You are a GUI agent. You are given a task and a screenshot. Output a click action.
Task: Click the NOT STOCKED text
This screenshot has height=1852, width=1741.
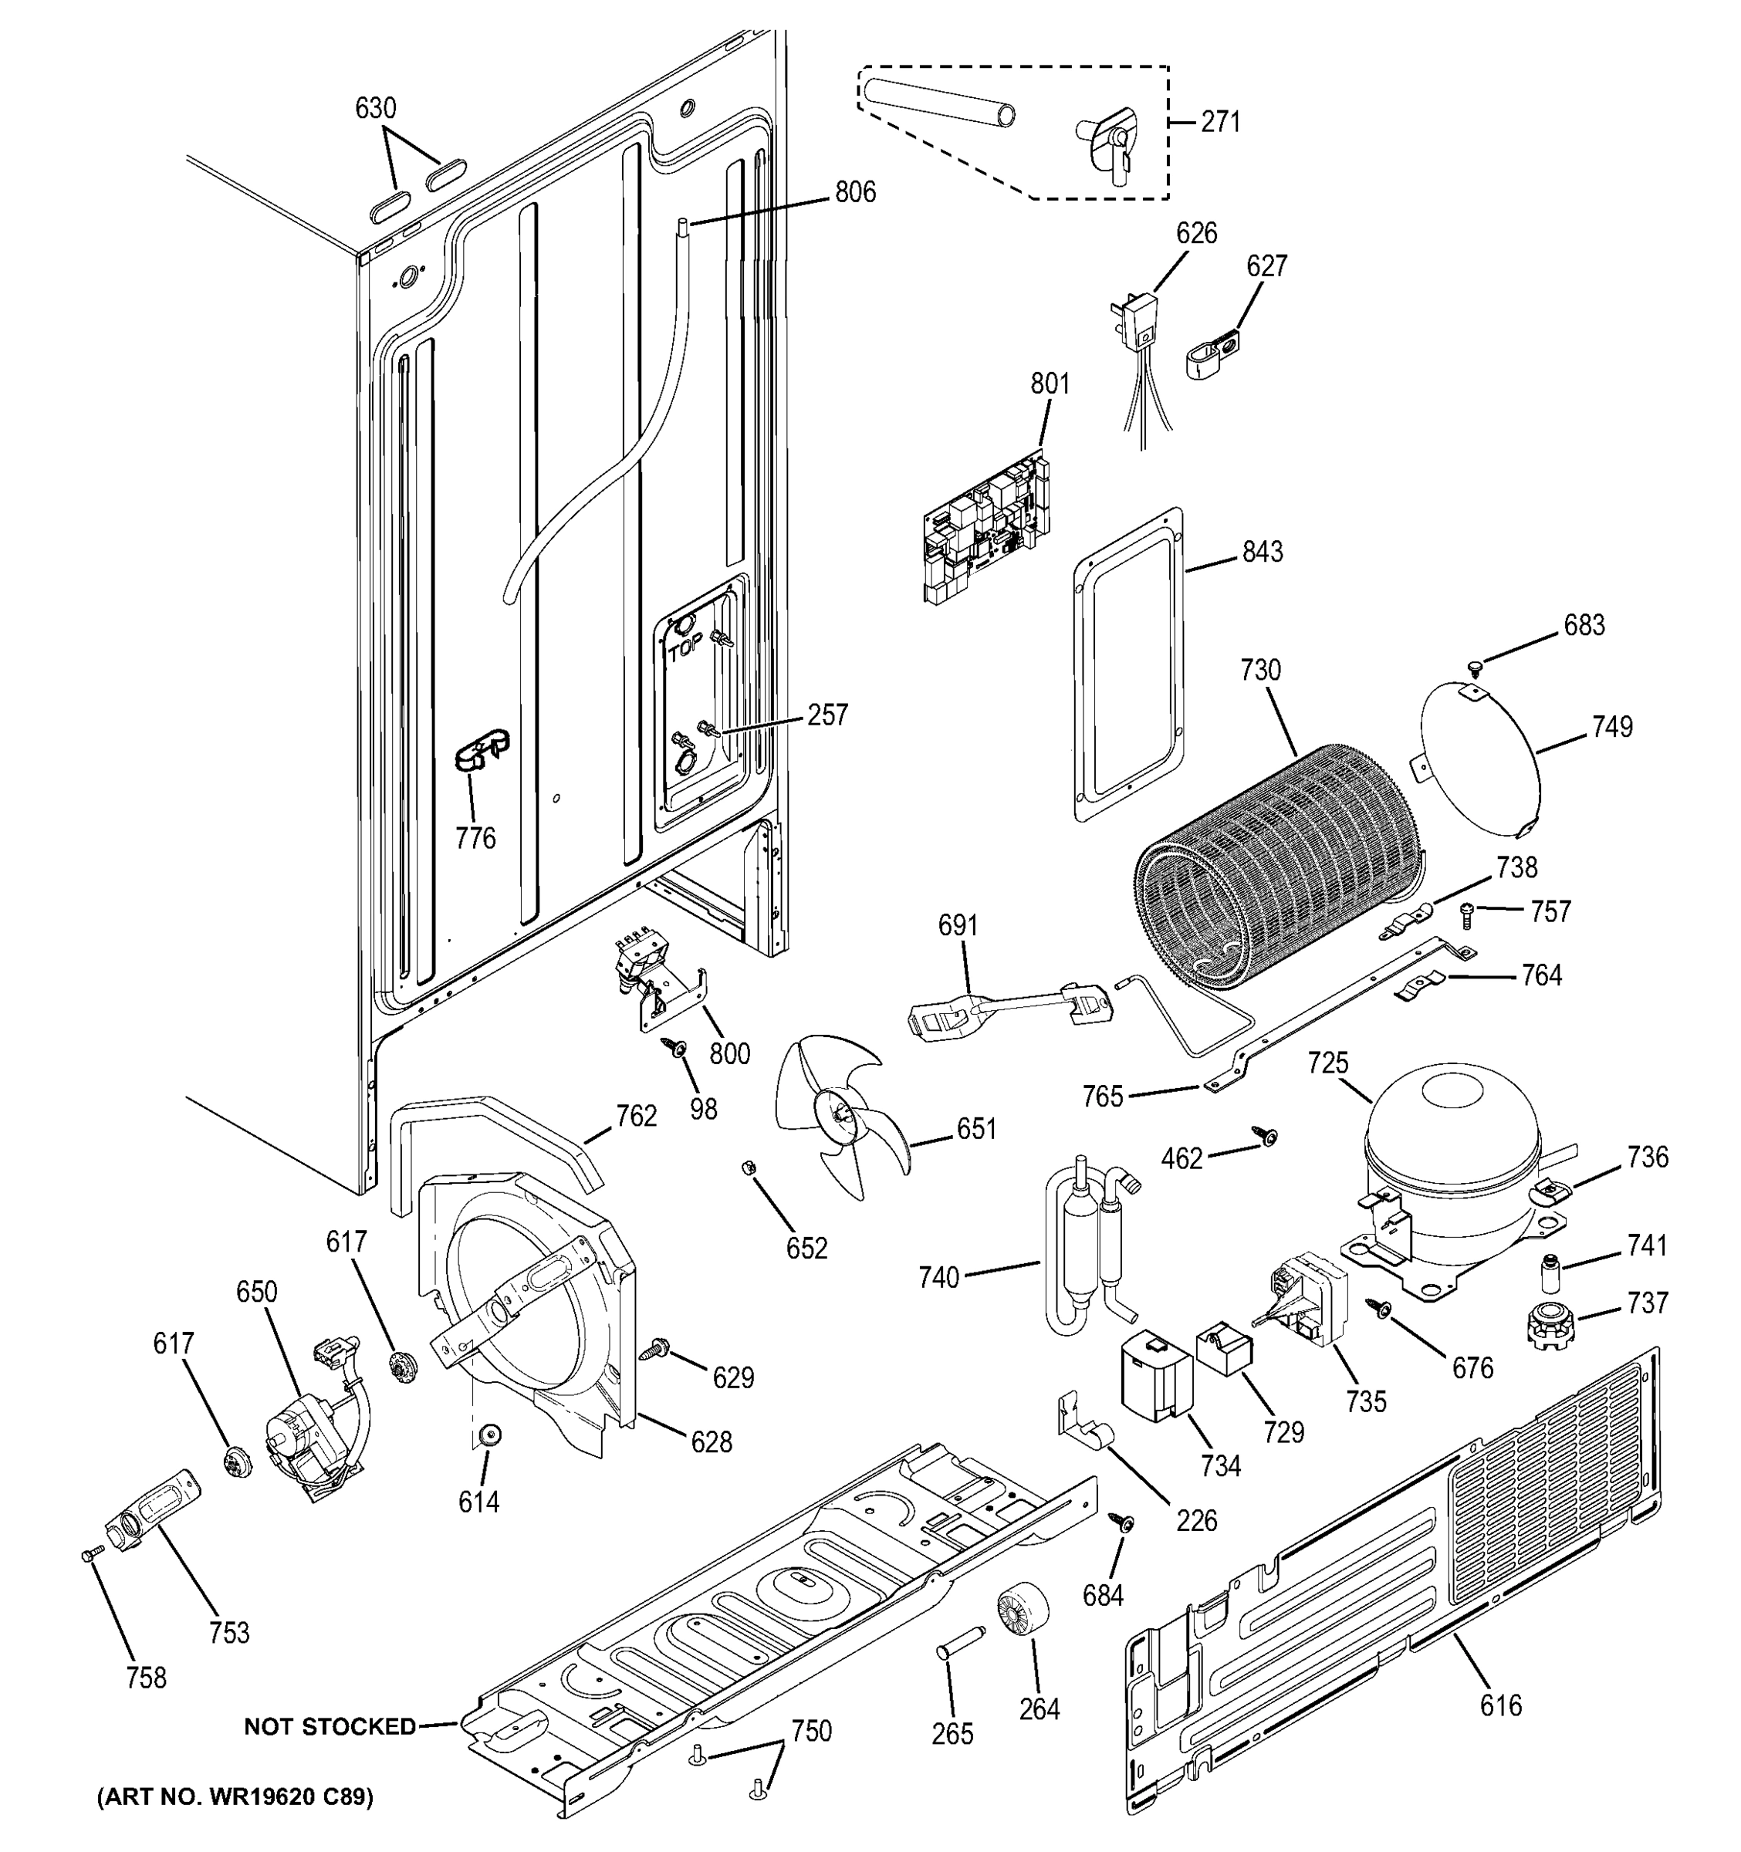coord(330,1727)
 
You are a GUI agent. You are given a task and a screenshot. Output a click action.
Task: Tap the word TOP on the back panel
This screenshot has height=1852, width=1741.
coord(685,652)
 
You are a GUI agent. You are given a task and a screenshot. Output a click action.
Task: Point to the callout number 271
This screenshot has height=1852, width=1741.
coord(1219,122)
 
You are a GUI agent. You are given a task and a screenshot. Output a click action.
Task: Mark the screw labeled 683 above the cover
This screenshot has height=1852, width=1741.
coord(1475,665)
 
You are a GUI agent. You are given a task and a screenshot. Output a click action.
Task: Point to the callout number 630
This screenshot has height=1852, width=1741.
coord(375,109)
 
